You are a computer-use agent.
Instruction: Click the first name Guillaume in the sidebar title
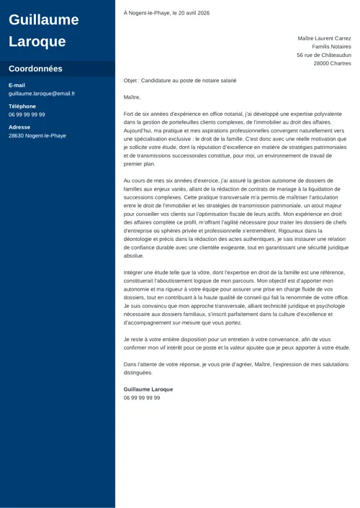43,19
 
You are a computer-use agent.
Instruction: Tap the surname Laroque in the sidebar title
37,41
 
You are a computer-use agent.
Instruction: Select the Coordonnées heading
35,69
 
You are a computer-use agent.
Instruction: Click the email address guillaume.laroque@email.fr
41,94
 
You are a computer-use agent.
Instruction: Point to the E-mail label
17,85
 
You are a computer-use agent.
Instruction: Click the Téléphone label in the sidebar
22,106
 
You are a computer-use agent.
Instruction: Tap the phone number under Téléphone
27,114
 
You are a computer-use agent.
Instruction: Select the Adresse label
19,127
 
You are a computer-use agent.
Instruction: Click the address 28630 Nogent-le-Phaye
37,135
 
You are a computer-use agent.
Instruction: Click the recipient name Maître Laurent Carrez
324,38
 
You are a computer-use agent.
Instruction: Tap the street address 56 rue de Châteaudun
324,55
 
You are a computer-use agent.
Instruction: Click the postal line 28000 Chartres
333,63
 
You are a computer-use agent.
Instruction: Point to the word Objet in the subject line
131,81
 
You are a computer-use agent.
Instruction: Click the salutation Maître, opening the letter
132,97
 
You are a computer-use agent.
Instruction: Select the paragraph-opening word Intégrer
134,273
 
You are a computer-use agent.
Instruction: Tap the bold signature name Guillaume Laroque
148,389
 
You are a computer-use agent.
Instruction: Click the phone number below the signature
142,398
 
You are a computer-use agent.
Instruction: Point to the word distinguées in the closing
138,373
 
